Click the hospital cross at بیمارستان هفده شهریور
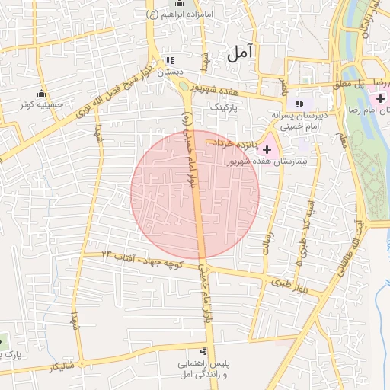tap(267, 151)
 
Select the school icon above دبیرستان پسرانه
tap(300, 104)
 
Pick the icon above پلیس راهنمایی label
tap(203, 351)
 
